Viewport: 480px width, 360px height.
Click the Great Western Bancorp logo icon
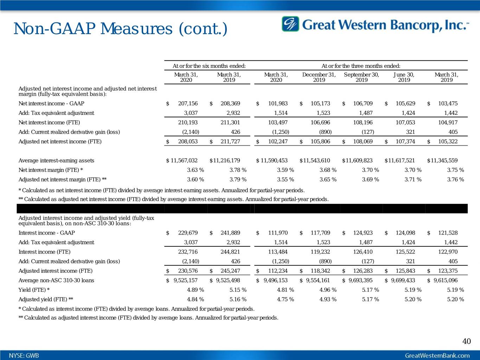pyautogui.click(x=290, y=24)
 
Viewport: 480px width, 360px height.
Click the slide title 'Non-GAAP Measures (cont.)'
pyautogui.click(x=120, y=29)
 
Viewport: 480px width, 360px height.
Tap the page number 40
pyautogui.click(x=466, y=341)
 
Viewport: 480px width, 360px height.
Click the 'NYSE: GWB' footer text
pyautogui.click(x=24, y=355)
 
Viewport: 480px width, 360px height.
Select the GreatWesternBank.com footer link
pyautogui.click(x=437, y=355)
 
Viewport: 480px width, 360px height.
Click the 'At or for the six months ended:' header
pyautogui.click(x=209, y=66)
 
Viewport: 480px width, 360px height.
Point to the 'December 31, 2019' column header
pyautogui.click(x=319, y=77)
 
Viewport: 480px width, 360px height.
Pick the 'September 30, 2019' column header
pyautogui.click(x=361, y=77)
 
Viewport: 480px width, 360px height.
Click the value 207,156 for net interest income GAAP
pyautogui.click(x=188, y=103)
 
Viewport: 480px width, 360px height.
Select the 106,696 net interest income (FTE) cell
pyautogui.click(x=320, y=122)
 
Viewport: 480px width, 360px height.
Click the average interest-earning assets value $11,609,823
pyautogui.click(x=357, y=160)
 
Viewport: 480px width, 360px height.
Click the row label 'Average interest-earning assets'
pyautogui.click(x=56, y=160)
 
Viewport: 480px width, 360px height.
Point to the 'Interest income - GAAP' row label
pyautogui.click(x=46, y=233)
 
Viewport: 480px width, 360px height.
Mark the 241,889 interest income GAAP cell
pyautogui.click(x=230, y=233)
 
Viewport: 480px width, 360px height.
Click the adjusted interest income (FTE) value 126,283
pyautogui.click(x=363, y=271)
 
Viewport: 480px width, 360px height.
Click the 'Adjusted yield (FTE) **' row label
pyautogui.click(x=46, y=299)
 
